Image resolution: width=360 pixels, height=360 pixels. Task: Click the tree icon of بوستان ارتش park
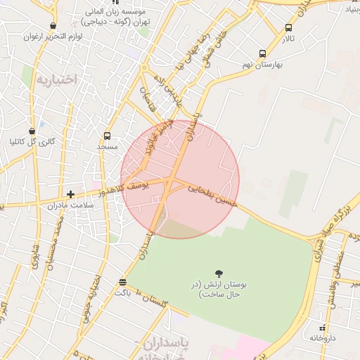coord(219,273)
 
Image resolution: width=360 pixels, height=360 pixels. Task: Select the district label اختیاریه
coord(55,79)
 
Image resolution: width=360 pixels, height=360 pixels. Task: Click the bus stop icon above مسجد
coord(107,136)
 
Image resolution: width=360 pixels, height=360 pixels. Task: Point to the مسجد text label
coord(107,146)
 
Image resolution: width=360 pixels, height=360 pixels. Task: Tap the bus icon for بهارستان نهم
coord(262,53)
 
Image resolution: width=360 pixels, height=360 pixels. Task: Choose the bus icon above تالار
coord(288,28)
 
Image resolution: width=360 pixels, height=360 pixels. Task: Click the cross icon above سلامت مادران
coord(70,194)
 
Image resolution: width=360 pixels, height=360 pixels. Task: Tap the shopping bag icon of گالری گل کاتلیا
coord(32,131)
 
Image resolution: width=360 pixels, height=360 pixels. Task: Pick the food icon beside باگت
coord(123,282)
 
